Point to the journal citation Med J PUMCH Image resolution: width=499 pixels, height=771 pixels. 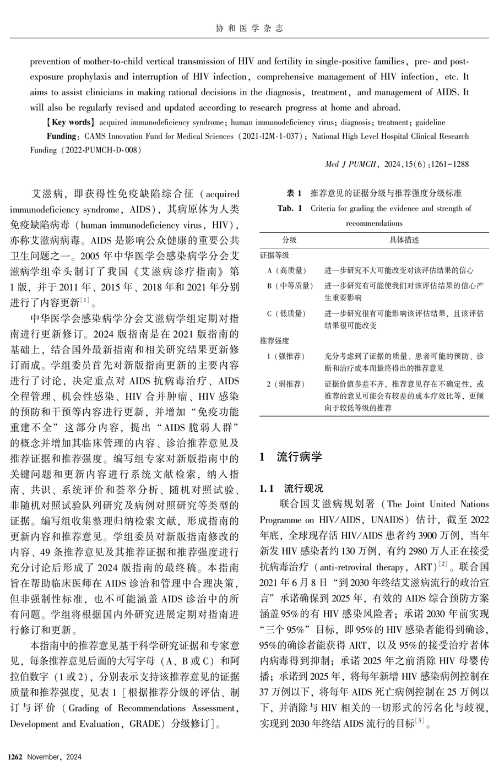coord(350,164)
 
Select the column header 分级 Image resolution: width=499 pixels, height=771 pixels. coord(290,240)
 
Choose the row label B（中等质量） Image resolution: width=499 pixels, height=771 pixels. coord(290,286)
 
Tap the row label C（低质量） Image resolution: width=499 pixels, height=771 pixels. coord(286,313)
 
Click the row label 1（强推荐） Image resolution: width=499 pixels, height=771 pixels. coord(286,356)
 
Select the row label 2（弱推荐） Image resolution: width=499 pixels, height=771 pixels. coord(286,384)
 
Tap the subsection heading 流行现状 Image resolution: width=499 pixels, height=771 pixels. coord(303,488)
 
